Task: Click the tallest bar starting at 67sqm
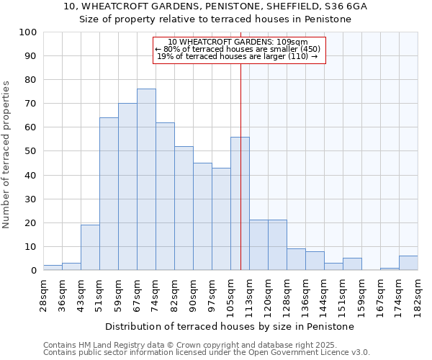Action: (x=146, y=179)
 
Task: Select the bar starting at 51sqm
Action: (x=109, y=194)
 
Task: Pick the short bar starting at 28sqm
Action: (x=53, y=267)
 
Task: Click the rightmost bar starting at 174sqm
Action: (x=408, y=263)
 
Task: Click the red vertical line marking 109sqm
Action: (x=240, y=144)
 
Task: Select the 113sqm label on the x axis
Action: (x=249, y=294)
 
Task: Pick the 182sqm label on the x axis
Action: (x=418, y=294)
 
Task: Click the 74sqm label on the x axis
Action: (x=156, y=294)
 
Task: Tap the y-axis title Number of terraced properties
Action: (x=6, y=154)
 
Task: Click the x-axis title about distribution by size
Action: (x=230, y=326)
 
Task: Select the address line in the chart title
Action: (x=215, y=6)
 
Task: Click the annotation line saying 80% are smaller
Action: (x=238, y=49)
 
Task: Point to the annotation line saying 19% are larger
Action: (x=237, y=56)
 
